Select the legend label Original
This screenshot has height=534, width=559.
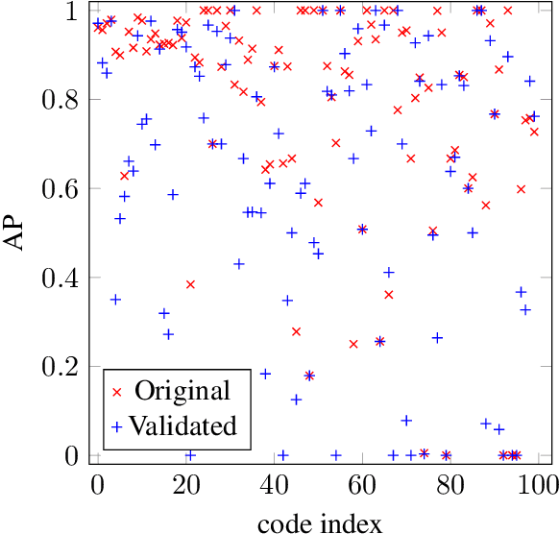point(182,391)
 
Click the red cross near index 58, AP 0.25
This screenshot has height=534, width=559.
point(353,344)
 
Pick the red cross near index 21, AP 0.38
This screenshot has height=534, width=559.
point(190,284)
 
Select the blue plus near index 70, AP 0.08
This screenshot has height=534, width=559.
point(406,420)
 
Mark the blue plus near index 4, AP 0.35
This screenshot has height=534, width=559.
point(115,299)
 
